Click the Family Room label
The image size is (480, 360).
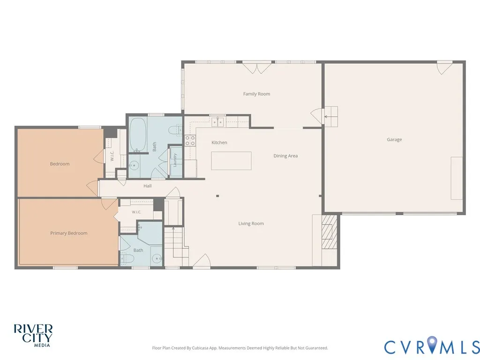(x=256, y=94)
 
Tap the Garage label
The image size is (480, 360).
(x=394, y=140)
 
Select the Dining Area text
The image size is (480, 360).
(x=285, y=156)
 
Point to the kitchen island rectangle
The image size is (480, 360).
(x=231, y=161)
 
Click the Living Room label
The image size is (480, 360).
(x=251, y=224)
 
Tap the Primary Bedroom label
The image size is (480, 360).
(x=69, y=233)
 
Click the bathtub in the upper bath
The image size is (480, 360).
(x=137, y=134)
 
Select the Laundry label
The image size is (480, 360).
(x=175, y=160)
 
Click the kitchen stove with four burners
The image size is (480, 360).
(x=190, y=141)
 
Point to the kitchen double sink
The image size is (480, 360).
(x=217, y=122)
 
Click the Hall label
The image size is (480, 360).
(x=148, y=186)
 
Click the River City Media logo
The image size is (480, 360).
(x=33, y=335)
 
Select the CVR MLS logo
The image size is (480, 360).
(x=432, y=345)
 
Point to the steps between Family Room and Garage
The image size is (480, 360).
(x=331, y=117)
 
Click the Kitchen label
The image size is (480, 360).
(x=219, y=142)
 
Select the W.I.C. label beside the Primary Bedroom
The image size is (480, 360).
(x=136, y=212)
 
